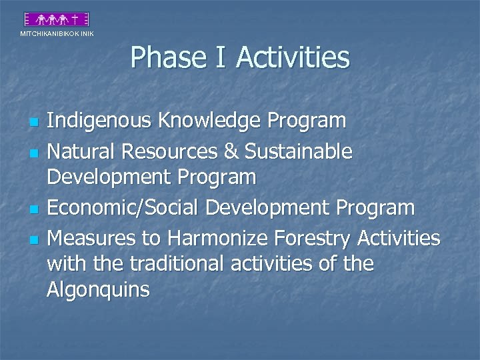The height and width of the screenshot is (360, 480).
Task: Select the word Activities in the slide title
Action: click(294, 57)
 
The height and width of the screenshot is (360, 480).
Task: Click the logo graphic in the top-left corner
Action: click(55, 19)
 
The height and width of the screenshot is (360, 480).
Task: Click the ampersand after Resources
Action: click(231, 151)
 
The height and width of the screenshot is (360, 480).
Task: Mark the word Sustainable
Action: click(298, 151)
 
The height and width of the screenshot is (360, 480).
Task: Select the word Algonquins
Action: click(99, 291)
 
